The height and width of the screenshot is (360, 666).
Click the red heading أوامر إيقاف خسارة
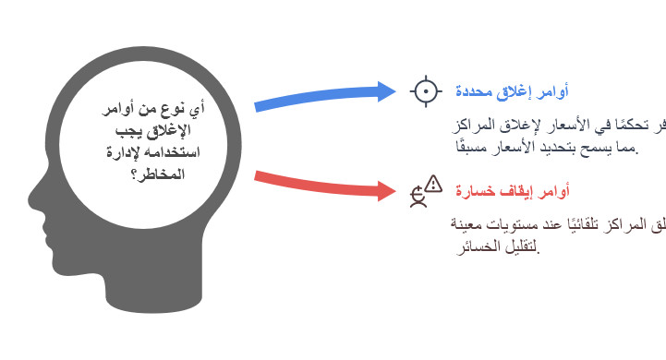pos(511,191)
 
